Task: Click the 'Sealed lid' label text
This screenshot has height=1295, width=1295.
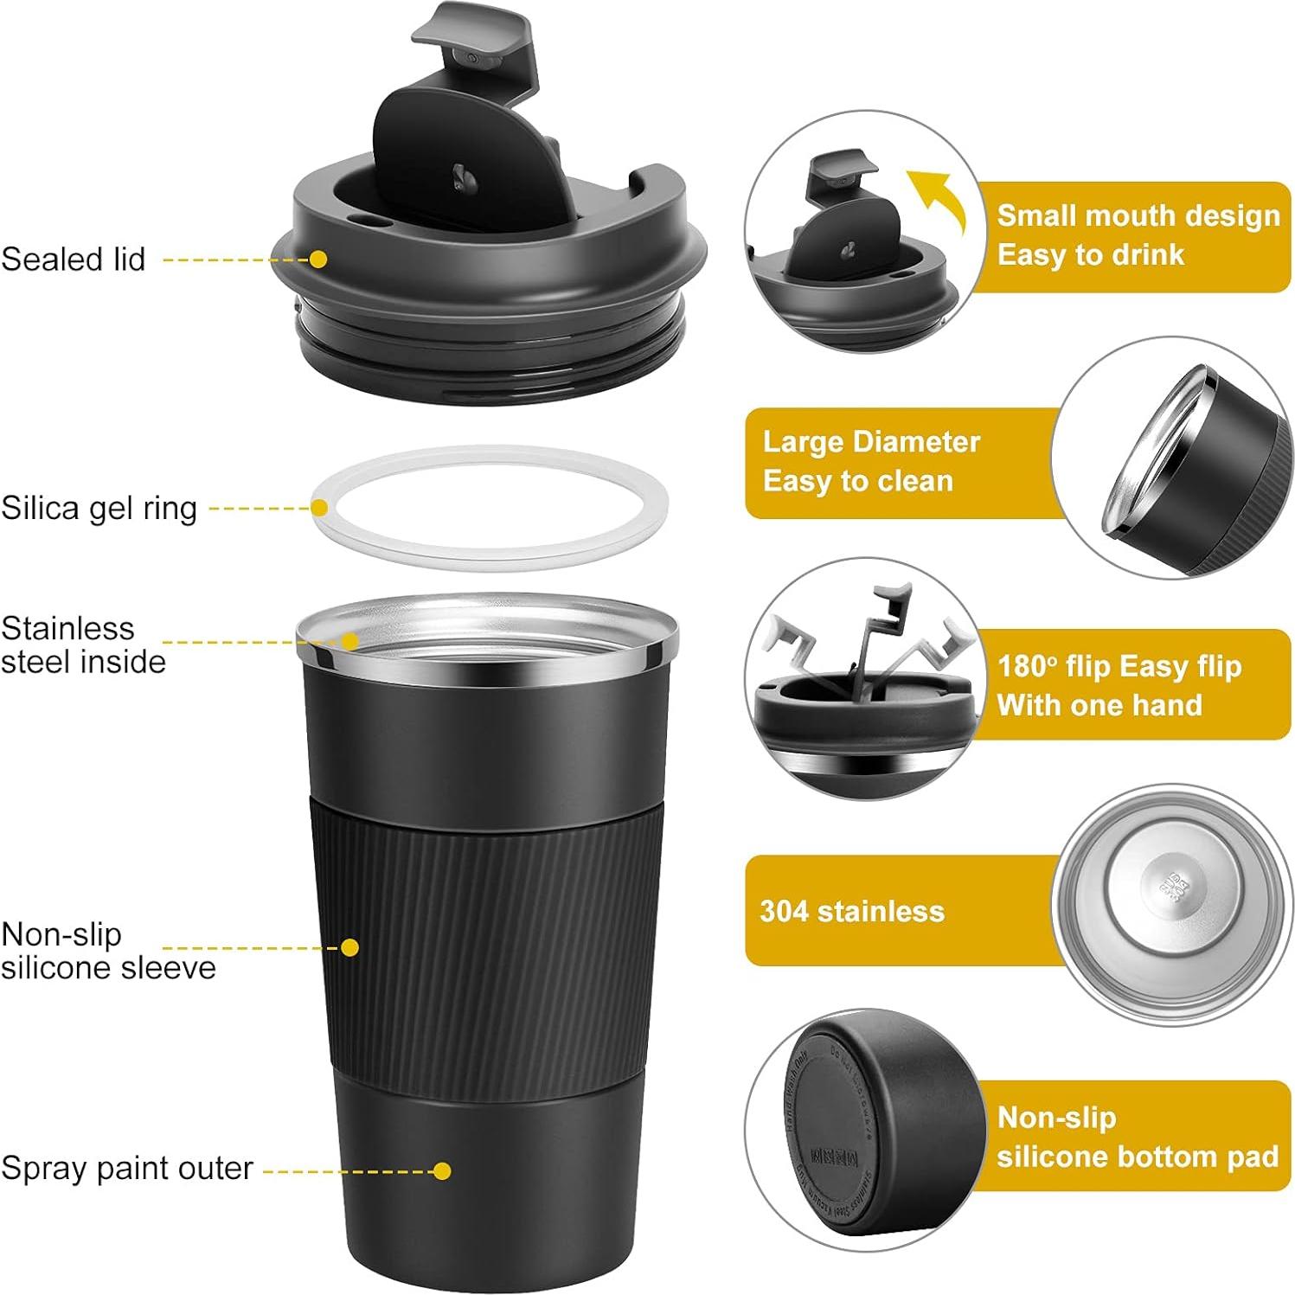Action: coord(74,260)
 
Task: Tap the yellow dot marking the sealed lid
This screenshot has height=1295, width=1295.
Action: coord(318,260)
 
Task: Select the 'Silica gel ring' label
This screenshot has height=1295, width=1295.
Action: coord(99,508)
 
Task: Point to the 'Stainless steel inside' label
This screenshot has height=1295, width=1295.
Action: coord(82,644)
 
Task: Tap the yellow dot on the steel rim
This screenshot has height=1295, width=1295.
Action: coord(349,641)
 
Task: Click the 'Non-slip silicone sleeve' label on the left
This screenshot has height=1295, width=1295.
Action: coord(107,950)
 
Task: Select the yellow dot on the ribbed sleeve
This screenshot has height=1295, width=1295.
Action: coord(349,947)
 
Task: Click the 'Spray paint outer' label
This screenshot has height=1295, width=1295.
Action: coord(126,1168)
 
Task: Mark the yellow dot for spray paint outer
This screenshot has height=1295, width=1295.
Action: coord(442,1170)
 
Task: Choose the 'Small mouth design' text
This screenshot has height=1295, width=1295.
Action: coord(1138,215)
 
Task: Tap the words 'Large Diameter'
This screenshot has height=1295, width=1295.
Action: coord(870,442)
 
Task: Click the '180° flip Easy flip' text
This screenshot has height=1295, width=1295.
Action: coord(1119,666)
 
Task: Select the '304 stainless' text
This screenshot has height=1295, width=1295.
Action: coord(851,911)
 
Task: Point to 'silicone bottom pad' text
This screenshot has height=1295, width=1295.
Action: coord(1137,1157)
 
